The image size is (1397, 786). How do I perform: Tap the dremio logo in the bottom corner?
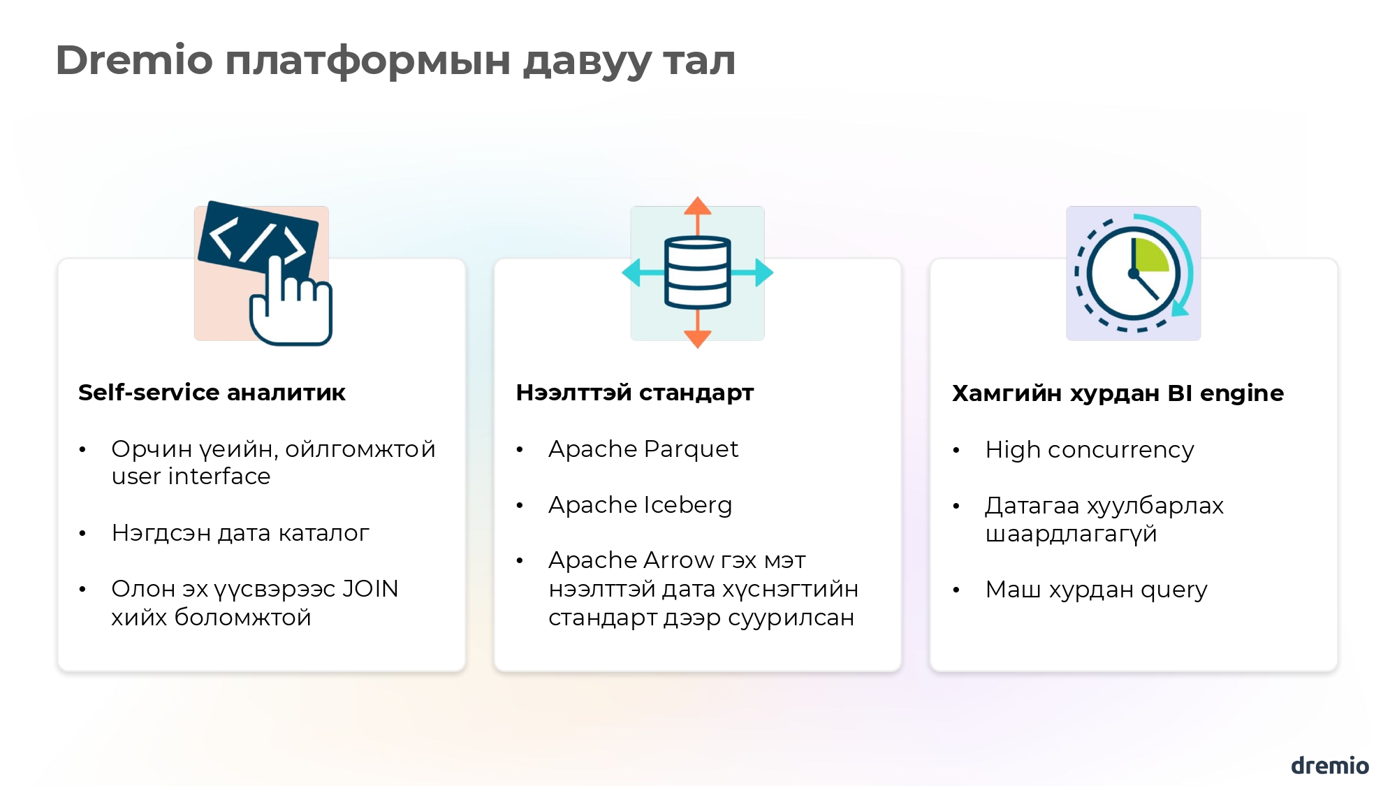pos(1329,766)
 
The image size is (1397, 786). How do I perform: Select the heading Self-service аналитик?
pos(212,393)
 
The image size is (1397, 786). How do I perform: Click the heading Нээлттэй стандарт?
pos(635,393)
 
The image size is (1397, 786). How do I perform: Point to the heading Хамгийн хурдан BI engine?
pos(1118,393)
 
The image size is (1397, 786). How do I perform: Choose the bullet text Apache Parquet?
pos(643,449)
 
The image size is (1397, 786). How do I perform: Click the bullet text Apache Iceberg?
pos(640,505)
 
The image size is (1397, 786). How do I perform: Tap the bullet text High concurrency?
pos(1090,450)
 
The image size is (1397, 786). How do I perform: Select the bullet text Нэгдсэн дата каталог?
pos(240,533)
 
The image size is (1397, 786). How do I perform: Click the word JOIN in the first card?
pos(370,589)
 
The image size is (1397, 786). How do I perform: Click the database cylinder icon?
pos(697,272)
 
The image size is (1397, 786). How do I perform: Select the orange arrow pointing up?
pos(697,208)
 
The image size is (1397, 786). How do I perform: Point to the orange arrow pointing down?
pos(697,338)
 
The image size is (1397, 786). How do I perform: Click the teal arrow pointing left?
pos(633,272)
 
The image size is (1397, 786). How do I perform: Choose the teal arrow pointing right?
pos(763,272)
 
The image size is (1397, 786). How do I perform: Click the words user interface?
pos(191,476)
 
